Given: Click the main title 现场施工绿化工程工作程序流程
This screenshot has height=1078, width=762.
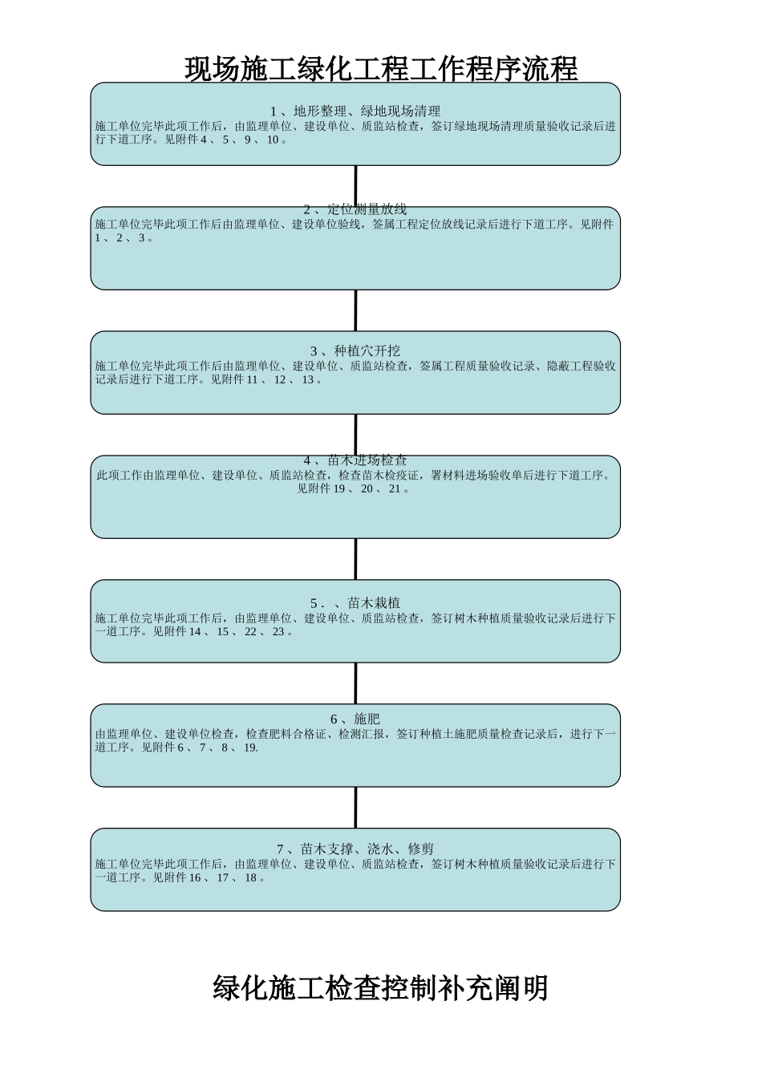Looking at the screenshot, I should coord(381,69).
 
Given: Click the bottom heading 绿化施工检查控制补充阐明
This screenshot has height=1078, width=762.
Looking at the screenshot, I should coord(380,987).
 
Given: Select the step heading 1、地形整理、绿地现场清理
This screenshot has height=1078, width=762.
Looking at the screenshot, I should coord(355,111).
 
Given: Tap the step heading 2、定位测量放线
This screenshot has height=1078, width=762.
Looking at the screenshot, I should coord(355,209).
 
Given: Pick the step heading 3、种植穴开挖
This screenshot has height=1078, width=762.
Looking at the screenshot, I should coord(355,351).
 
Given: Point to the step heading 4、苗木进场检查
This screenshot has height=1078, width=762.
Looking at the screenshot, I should coord(355,460).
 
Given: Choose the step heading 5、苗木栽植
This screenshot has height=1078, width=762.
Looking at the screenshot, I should coord(355,602).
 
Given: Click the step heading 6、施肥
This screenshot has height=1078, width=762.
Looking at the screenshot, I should coord(355,719).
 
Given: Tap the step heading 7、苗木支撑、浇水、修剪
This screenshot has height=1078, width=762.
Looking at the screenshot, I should coord(355,849).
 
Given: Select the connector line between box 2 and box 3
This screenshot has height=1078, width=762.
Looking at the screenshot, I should coord(355,310).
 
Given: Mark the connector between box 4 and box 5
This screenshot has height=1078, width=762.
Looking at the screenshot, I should coord(355,559).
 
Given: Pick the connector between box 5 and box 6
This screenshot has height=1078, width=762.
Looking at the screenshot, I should coord(355,683).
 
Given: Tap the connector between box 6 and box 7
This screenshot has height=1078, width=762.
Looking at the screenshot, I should coord(355,808).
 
